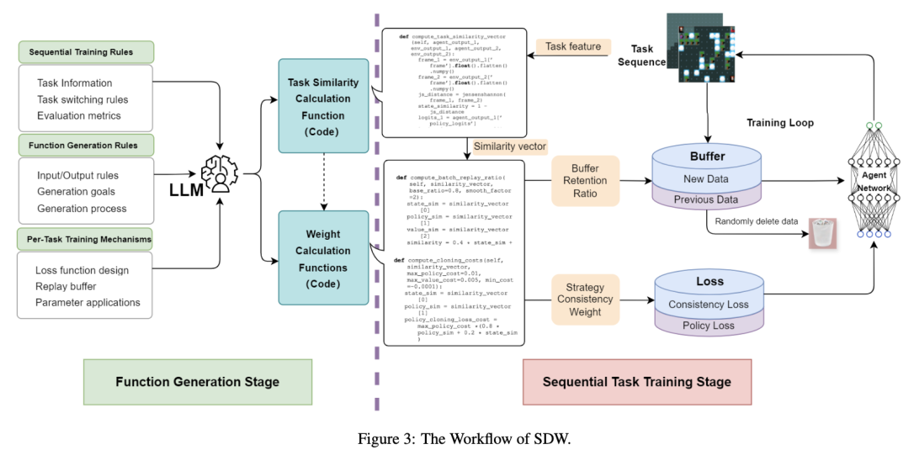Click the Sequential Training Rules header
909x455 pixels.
click(x=87, y=52)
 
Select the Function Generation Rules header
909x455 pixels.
click(x=87, y=145)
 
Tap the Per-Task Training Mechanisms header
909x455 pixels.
click(x=85, y=240)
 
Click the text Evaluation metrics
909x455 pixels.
click(x=79, y=115)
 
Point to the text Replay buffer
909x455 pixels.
click(x=71, y=287)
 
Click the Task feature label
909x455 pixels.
click(x=573, y=47)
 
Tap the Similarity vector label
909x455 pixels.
click(x=510, y=146)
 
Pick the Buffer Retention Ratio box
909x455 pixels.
click(x=585, y=180)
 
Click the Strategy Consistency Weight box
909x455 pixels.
click(x=585, y=300)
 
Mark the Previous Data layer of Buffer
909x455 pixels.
click(x=707, y=199)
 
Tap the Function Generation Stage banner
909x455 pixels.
click(x=198, y=382)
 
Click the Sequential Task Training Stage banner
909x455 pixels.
click(x=637, y=382)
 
